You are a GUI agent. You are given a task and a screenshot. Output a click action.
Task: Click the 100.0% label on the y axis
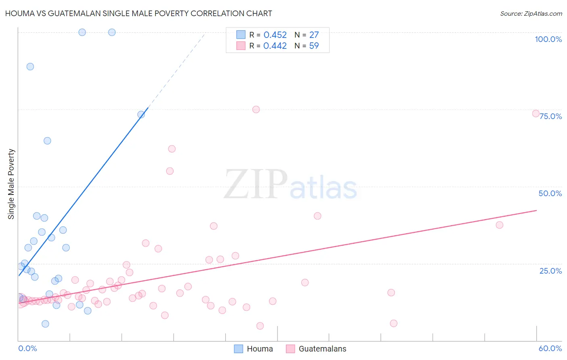pyautogui.click(x=548, y=39)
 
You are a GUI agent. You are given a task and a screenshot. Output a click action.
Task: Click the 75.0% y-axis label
pyautogui.click(x=550, y=116)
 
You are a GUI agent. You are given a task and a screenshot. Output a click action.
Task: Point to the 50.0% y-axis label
pyautogui.click(x=550, y=193)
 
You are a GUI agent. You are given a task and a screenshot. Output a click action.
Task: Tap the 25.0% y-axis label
pyautogui.click(x=550, y=271)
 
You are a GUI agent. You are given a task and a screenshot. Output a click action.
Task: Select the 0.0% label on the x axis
pyautogui.click(x=27, y=348)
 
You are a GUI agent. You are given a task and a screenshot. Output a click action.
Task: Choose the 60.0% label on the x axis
pyautogui.click(x=550, y=348)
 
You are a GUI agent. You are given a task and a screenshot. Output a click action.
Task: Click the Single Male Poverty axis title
pyautogui.click(x=11, y=184)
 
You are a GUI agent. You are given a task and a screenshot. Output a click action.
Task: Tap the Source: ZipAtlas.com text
pyautogui.click(x=531, y=13)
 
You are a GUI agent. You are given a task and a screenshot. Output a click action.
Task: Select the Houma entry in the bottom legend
pyautogui.click(x=259, y=349)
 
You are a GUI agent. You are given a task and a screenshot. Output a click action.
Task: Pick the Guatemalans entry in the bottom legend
pyautogui.click(x=322, y=349)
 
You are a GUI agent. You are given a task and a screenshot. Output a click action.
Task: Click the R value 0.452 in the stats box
pyautogui.click(x=275, y=35)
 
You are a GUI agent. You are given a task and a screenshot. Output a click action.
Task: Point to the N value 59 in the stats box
pyautogui.click(x=314, y=46)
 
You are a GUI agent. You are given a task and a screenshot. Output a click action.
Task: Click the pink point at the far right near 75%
pyautogui.click(x=536, y=113)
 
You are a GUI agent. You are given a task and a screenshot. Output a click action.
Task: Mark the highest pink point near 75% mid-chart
pyautogui.click(x=256, y=109)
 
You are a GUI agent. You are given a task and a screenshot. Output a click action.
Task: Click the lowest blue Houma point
pyautogui.click(x=45, y=324)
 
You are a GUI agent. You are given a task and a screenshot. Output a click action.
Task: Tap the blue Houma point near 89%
pyautogui.click(x=30, y=67)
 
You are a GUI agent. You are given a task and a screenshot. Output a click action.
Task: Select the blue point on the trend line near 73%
pyautogui.click(x=141, y=115)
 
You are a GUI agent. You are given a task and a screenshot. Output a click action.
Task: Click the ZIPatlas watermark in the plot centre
pyautogui.click(x=290, y=185)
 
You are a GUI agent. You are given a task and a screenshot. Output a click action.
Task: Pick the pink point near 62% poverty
pyautogui.click(x=172, y=149)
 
